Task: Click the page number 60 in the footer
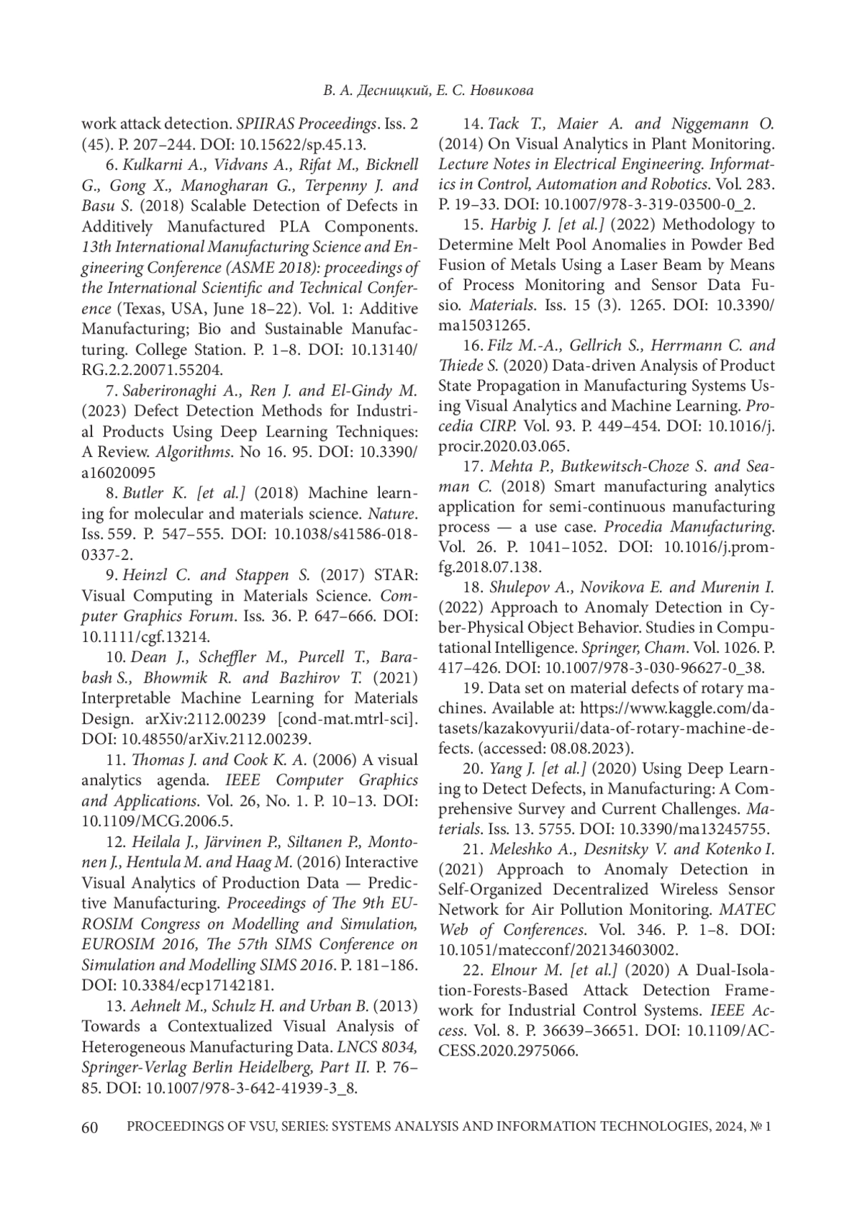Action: tap(90, 1127)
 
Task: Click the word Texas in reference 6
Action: tap(143, 309)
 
